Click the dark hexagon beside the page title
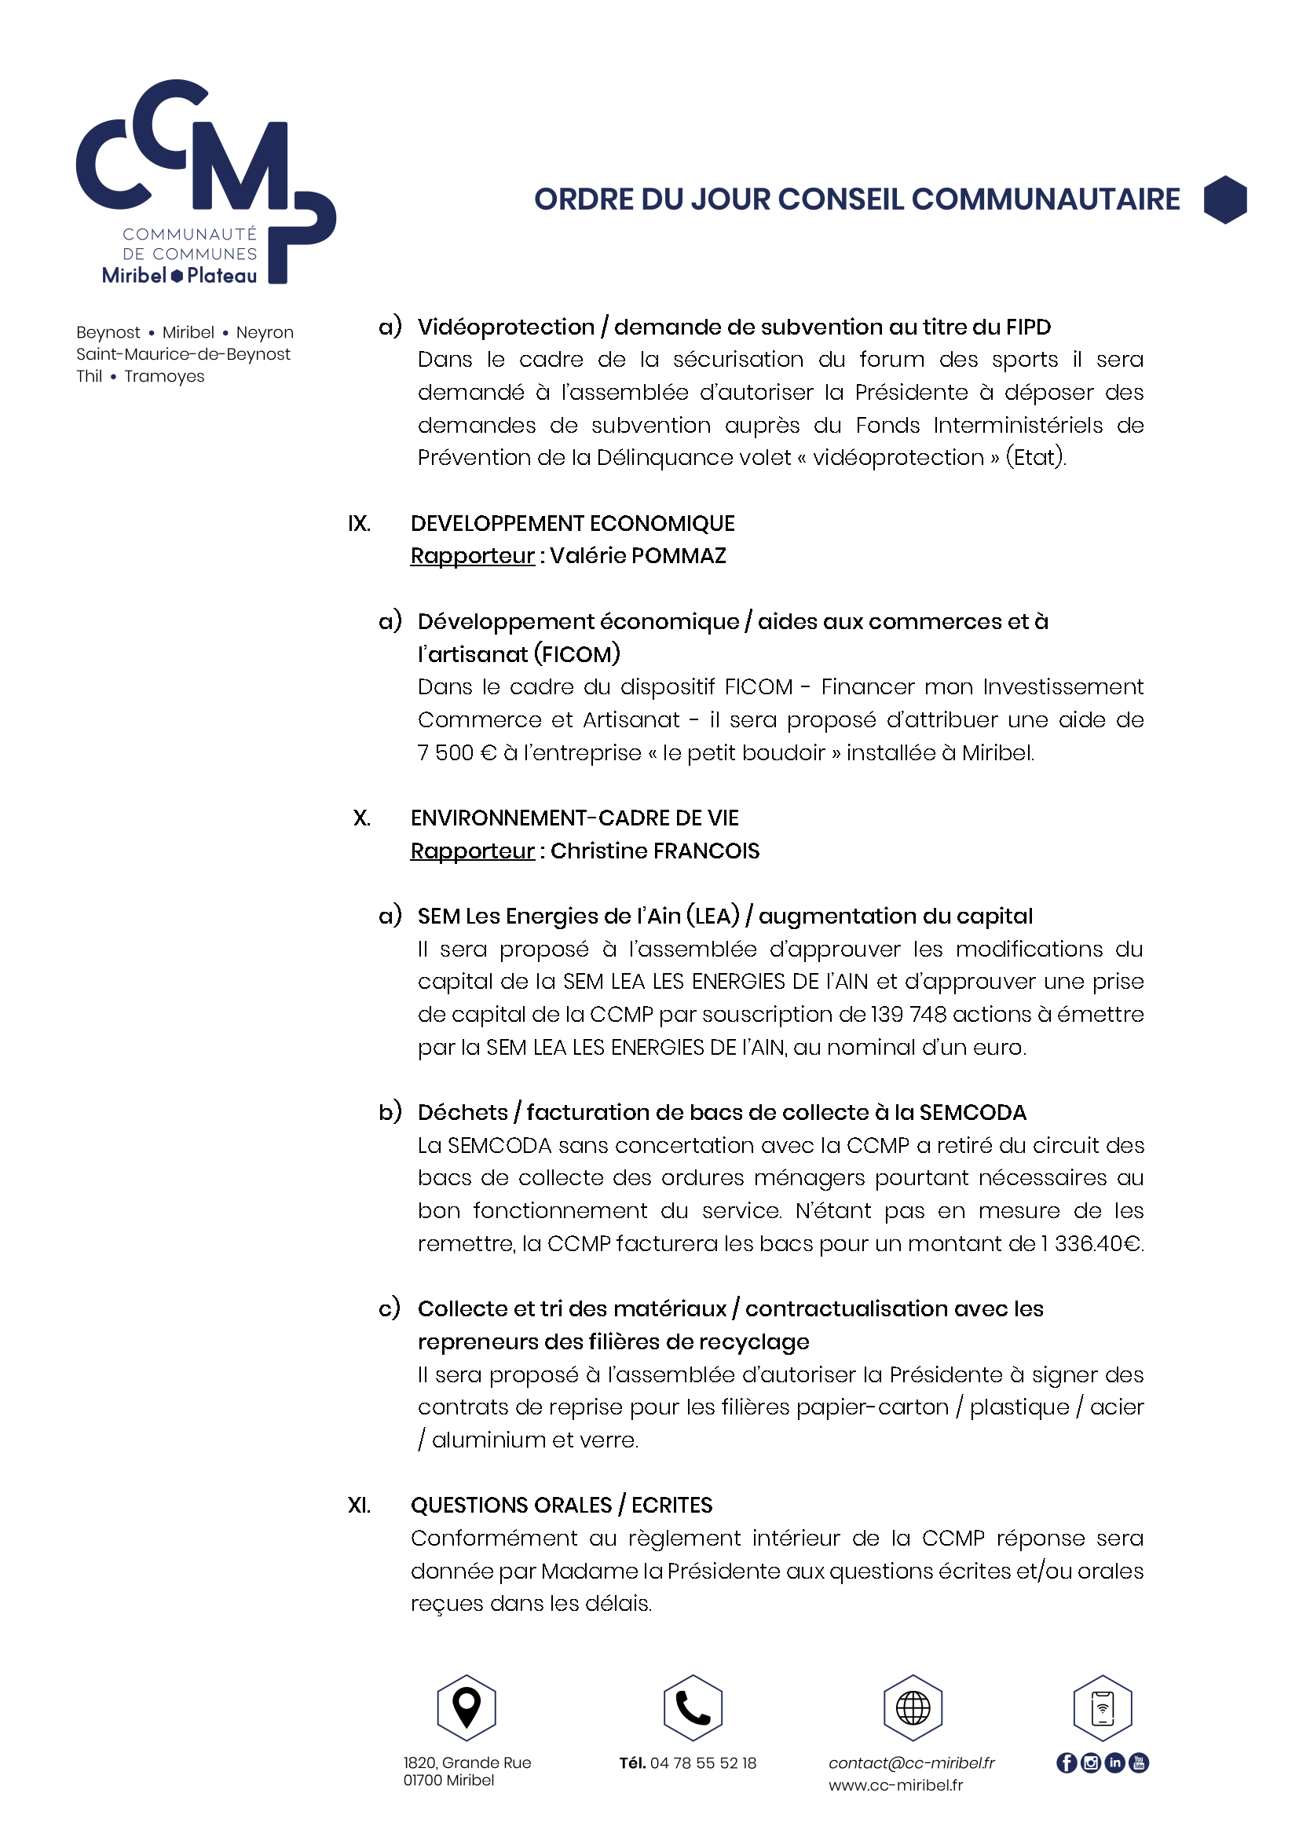click(x=1224, y=199)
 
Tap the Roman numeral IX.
click(x=359, y=524)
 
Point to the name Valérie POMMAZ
click(x=638, y=556)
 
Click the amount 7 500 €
click(x=457, y=753)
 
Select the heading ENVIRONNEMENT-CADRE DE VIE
click(x=574, y=818)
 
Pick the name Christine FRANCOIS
click(x=654, y=851)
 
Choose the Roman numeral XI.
click(x=359, y=1506)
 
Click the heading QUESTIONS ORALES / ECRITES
click(x=561, y=1506)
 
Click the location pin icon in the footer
click(x=467, y=1707)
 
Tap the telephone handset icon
click(x=693, y=1707)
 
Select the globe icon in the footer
click(x=913, y=1707)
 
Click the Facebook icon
click(x=1067, y=1762)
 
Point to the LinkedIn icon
click(x=1114, y=1762)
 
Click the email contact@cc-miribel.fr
click(x=911, y=1763)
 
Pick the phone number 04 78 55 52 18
click(x=703, y=1763)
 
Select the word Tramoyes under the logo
click(x=164, y=377)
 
